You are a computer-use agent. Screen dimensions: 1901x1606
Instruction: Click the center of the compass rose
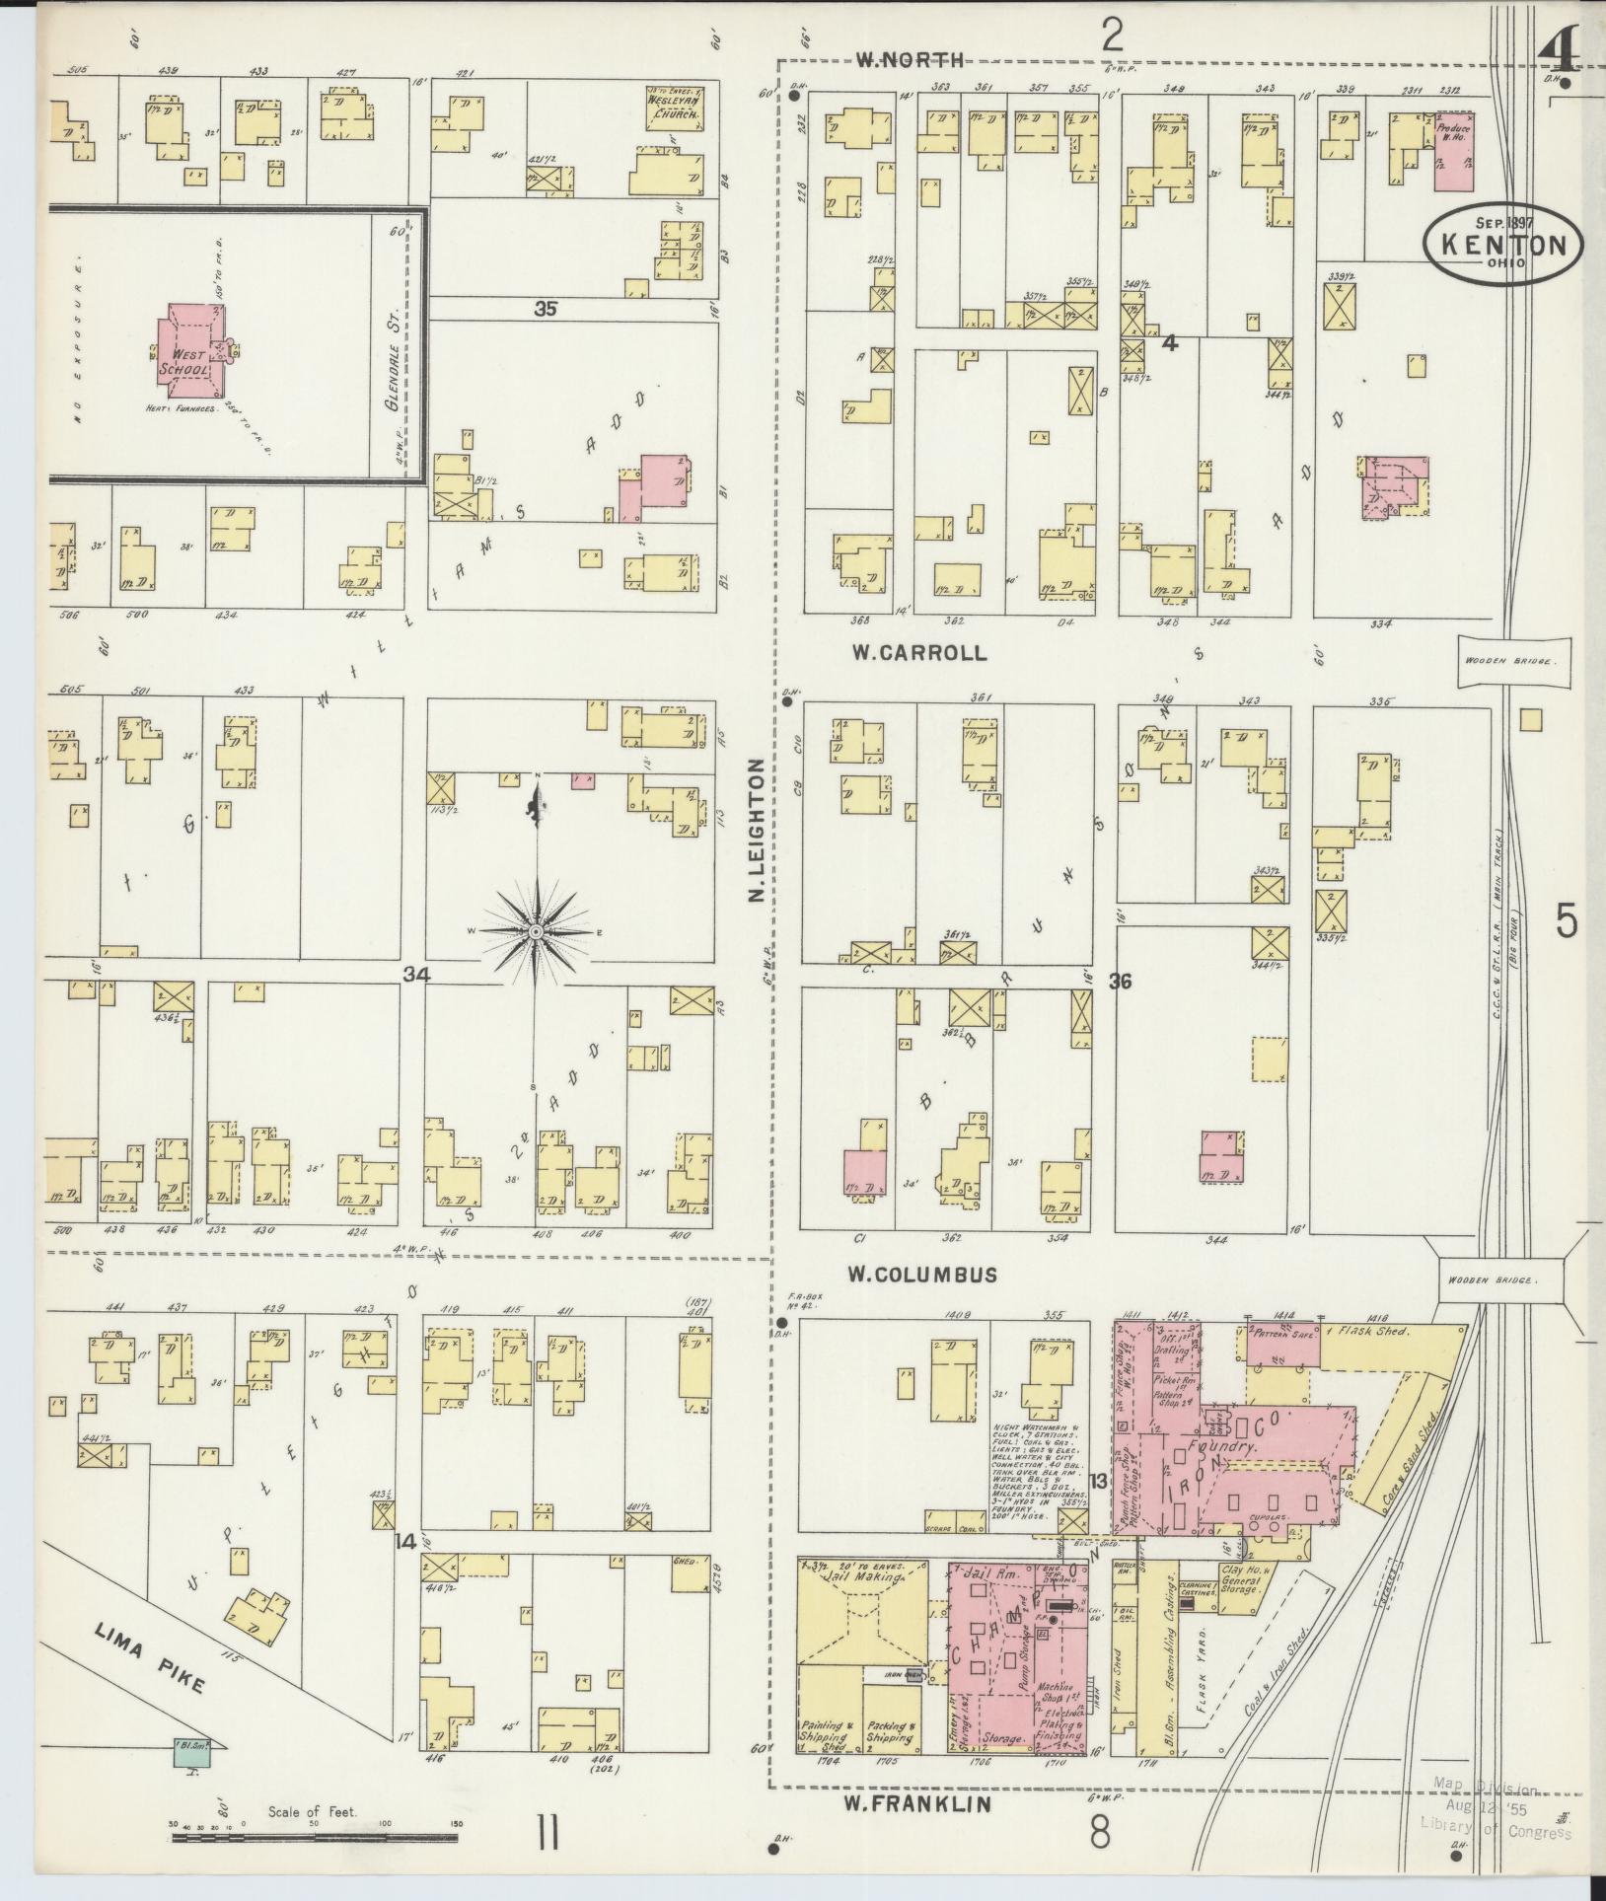tap(535, 931)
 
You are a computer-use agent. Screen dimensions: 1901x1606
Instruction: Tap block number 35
tap(545, 309)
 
